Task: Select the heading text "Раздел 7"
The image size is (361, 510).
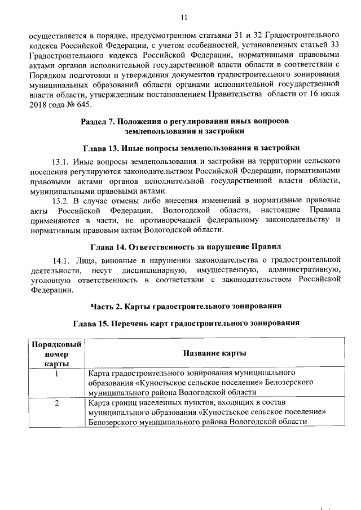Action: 98,121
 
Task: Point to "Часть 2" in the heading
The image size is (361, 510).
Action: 109,306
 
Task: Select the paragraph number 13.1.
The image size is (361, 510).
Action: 61,162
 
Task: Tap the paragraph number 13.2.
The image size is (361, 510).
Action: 61,200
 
